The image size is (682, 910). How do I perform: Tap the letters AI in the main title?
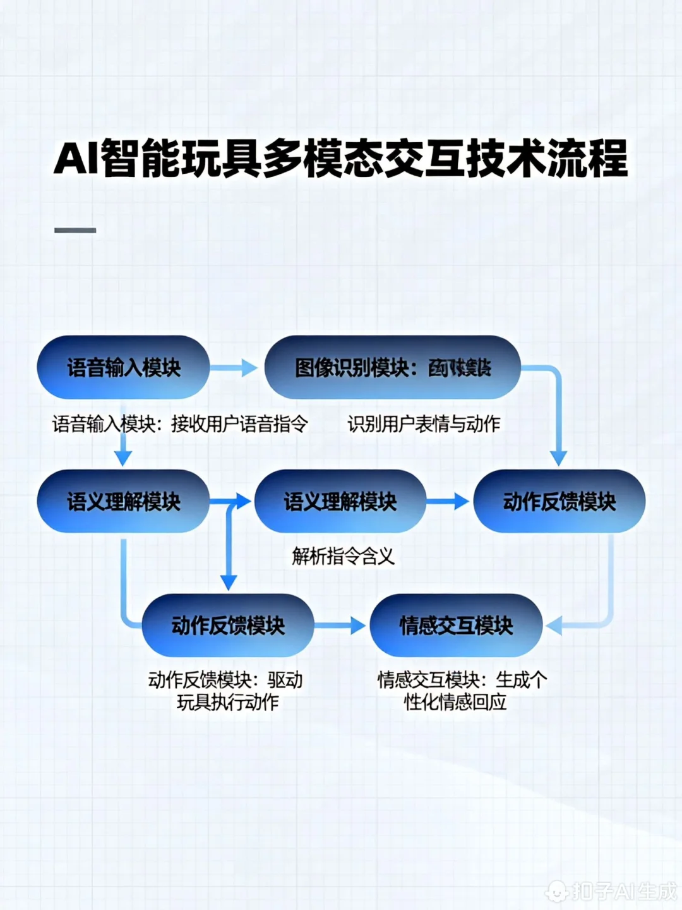pos(76,158)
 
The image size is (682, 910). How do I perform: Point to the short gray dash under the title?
pos(75,231)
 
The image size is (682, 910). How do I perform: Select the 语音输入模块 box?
pos(123,367)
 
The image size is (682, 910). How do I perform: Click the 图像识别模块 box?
pos(392,367)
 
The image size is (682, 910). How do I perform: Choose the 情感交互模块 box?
pos(456,626)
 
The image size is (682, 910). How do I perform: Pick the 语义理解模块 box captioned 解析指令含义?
pos(340,502)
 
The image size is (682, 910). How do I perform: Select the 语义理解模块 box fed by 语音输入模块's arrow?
pos(123,502)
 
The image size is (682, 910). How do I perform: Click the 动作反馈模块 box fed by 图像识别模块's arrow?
pos(559,502)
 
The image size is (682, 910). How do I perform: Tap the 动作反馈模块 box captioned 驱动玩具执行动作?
pos(228,626)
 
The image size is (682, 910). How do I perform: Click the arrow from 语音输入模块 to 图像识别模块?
pos(233,367)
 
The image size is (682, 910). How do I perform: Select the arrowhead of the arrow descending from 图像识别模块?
pos(558,458)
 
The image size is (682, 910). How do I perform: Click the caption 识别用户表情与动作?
pos(424,424)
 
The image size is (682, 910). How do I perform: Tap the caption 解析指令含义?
pos(343,556)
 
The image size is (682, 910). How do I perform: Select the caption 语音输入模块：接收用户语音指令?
pos(180,424)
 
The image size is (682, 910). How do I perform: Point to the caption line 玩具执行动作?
pos(227,702)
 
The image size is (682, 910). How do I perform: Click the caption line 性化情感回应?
pos(455,702)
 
